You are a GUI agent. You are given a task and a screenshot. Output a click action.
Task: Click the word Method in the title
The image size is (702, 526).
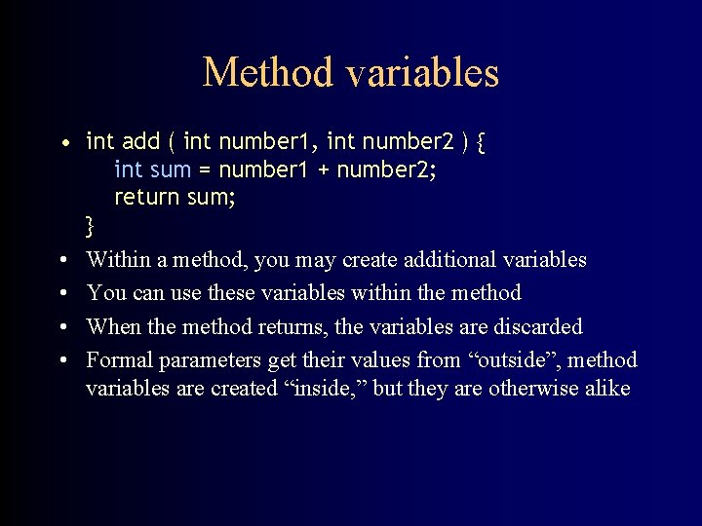coord(259,73)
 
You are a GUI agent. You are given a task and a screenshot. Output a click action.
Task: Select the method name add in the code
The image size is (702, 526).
coord(141,142)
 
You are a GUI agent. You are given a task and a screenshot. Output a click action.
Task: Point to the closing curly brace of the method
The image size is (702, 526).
coord(91,227)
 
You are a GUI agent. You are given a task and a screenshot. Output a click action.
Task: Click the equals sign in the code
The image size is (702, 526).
coord(205,170)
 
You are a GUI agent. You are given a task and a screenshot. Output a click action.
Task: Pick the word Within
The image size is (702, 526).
coord(118,260)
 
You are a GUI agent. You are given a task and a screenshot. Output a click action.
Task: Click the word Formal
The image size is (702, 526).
coord(119,360)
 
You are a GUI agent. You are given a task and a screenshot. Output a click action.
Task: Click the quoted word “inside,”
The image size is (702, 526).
coord(327,389)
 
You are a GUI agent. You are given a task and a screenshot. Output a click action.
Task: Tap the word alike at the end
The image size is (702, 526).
coord(604,389)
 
